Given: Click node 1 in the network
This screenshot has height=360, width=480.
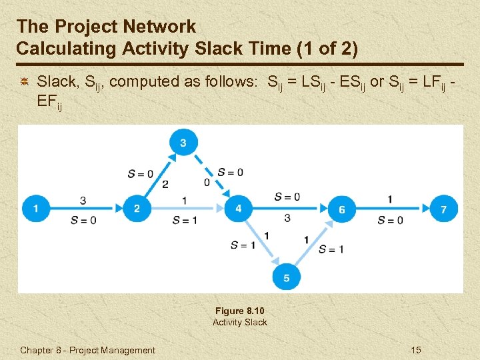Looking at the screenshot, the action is click(35, 209).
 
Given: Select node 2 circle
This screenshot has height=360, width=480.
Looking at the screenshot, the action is click(137, 209).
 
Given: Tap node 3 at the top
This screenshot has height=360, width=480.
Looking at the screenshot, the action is click(183, 141).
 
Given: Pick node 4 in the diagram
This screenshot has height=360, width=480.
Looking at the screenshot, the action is click(238, 209).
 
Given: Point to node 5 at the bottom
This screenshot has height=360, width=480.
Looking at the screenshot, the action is click(287, 277).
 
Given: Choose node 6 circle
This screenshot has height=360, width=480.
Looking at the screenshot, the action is click(341, 209).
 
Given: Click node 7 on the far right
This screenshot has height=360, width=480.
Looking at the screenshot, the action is click(444, 209).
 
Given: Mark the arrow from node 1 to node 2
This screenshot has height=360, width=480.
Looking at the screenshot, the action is click(86, 209).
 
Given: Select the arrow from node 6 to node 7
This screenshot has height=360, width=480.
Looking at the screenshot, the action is click(393, 209).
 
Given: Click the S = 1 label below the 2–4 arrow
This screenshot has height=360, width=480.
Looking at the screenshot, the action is click(185, 221).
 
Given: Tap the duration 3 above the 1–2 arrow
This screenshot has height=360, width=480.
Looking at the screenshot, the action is click(83, 200).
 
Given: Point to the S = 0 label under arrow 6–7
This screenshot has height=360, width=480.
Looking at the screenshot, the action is click(390, 221).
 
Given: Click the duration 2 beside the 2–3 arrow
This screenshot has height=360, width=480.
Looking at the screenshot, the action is click(165, 184).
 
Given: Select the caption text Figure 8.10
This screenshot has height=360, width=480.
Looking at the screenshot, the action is click(239, 311).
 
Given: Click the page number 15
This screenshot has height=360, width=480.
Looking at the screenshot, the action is click(417, 350).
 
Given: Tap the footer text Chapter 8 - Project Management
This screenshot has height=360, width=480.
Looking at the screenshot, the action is click(87, 350).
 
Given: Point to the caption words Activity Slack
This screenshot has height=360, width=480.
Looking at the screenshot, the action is click(239, 322).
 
